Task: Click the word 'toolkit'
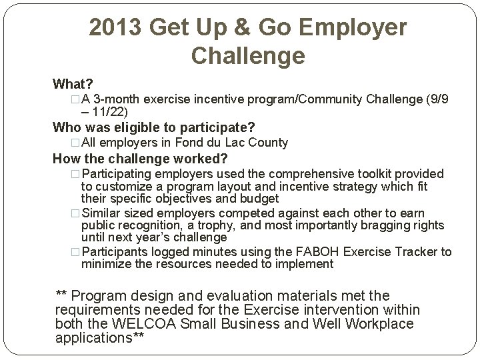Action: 367,174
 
